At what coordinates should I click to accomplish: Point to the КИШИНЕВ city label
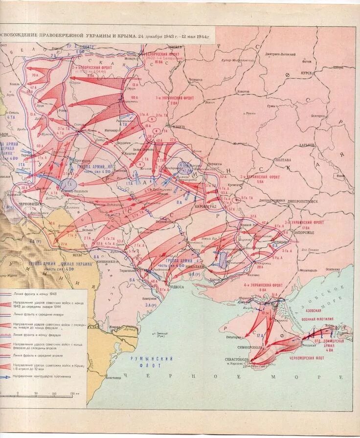pyautogui.click(x=107, y=261)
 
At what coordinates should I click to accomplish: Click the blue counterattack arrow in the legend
pyautogui.click(x=6, y=376)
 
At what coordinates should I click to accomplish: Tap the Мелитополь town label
pyautogui.click(x=309, y=270)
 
